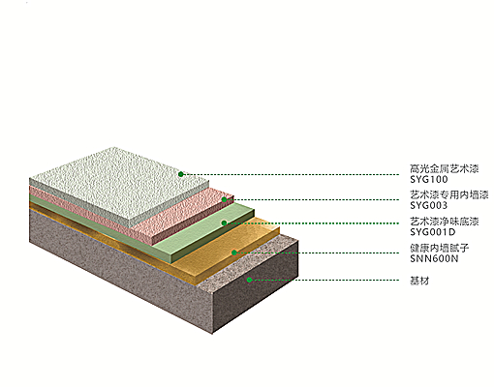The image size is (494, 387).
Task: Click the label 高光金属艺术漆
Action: point(445,168)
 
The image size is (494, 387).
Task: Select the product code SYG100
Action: point(429,179)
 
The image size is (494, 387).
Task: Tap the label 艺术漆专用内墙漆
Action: point(449,194)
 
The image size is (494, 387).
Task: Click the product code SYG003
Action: point(429,205)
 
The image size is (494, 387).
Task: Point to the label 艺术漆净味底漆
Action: point(445,222)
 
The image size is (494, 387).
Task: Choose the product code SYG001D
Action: point(433,232)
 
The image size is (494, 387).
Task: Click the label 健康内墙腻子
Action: point(440,248)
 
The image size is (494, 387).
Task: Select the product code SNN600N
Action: point(434,258)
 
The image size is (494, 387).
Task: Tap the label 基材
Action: point(419,281)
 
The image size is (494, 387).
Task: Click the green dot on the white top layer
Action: point(181,174)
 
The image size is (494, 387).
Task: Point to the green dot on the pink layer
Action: point(224,200)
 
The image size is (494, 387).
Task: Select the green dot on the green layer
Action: point(224,223)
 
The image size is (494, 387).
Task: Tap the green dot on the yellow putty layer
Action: point(234,253)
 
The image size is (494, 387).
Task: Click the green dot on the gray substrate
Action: point(249,280)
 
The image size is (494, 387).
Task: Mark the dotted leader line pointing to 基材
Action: point(325,280)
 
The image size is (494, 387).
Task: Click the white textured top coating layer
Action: point(119,182)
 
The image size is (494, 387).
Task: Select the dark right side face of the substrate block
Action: point(255,287)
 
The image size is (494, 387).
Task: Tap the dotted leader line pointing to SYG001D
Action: point(313,223)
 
